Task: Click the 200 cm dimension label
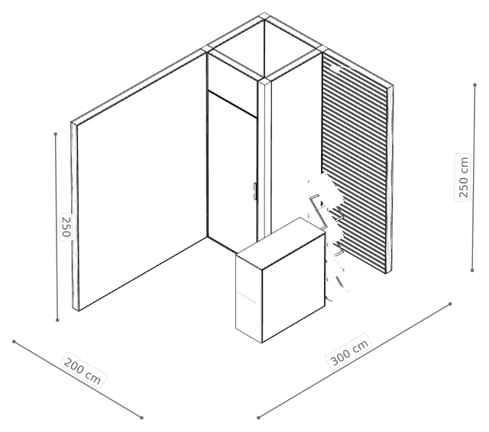pyautogui.click(x=83, y=371)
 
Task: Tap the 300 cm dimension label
pyautogui.click(x=349, y=352)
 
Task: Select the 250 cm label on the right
pyautogui.click(x=463, y=177)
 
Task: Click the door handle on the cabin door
pyautogui.click(x=254, y=191)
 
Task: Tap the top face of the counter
pyautogui.click(x=280, y=243)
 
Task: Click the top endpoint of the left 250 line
pyautogui.click(x=56, y=135)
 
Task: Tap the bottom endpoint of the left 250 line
pyautogui.click(x=57, y=320)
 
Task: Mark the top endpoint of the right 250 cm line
pyautogui.click(x=474, y=85)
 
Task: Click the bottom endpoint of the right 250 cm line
pyautogui.click(x=472, y=271)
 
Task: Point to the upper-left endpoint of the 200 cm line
pyautogui.click(x=14, y=342)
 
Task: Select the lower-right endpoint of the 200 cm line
pyautogui.click(x=141, y=417)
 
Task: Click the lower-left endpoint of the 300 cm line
pyautogui.click(x=258, y=417)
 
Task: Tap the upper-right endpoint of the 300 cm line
pyautogui.click(x=450, y=304)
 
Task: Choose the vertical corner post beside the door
pyautogui.click(x=264, y=159)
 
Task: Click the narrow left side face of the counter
pyautogui.click(x=249, y=298)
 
